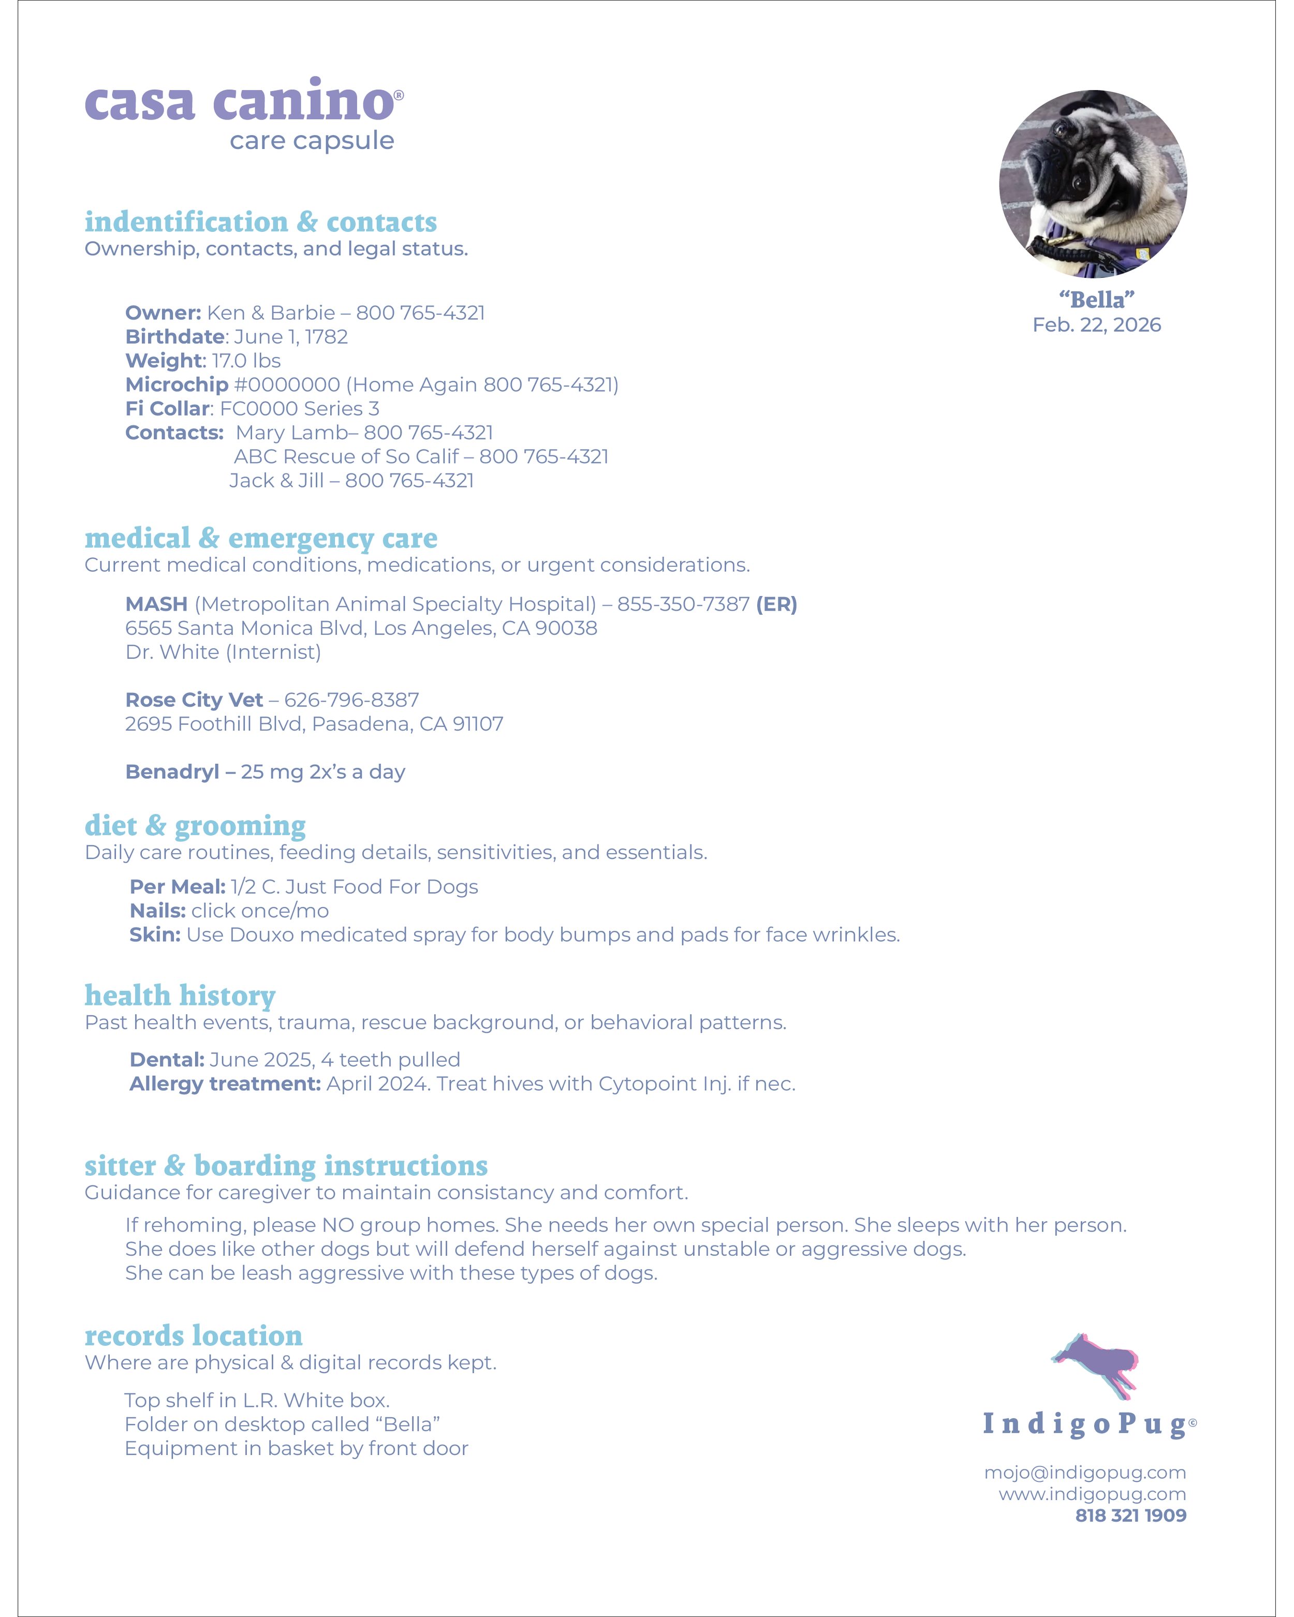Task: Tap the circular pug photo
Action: tap(1093, 184)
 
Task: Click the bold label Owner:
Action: tap(163, 313)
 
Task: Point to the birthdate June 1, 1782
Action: tap(290, 337)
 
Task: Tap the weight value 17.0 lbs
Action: tap(246, 361)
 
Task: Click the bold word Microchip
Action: tap(177, 385)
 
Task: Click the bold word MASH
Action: tap(156, 604)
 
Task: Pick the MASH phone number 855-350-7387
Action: tap(683, 604)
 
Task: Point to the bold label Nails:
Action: tap(157, 911)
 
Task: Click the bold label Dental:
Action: tap(167, 1060)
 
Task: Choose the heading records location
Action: tap(194, 1336)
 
